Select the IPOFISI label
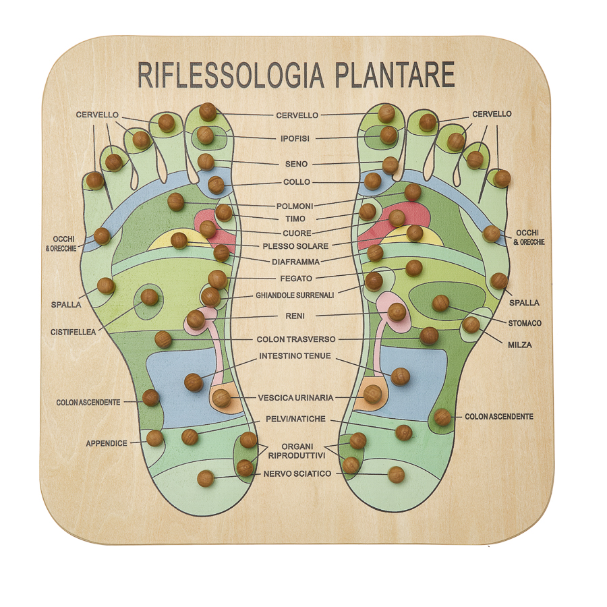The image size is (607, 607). click(295, 139)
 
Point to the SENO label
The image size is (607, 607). click(296, 164)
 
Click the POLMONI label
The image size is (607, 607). click(295, 206)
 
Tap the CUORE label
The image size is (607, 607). click(297, 233)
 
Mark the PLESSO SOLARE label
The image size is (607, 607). click(295, 247)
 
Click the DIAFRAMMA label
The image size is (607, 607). click(295, 262)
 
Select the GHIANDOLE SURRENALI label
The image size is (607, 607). click(295, 295)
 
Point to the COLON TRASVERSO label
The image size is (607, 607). click(296, 340)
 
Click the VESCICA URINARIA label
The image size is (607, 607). click(295, 398)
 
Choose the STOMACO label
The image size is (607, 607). click(525, 323)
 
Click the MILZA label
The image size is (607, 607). click(519, 345)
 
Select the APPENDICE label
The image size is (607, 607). click(107, 444)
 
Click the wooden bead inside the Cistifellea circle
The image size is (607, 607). click(150, 297)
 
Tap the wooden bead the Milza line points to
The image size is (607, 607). click(471, 325)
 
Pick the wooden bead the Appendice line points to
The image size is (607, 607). click(155, 438)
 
